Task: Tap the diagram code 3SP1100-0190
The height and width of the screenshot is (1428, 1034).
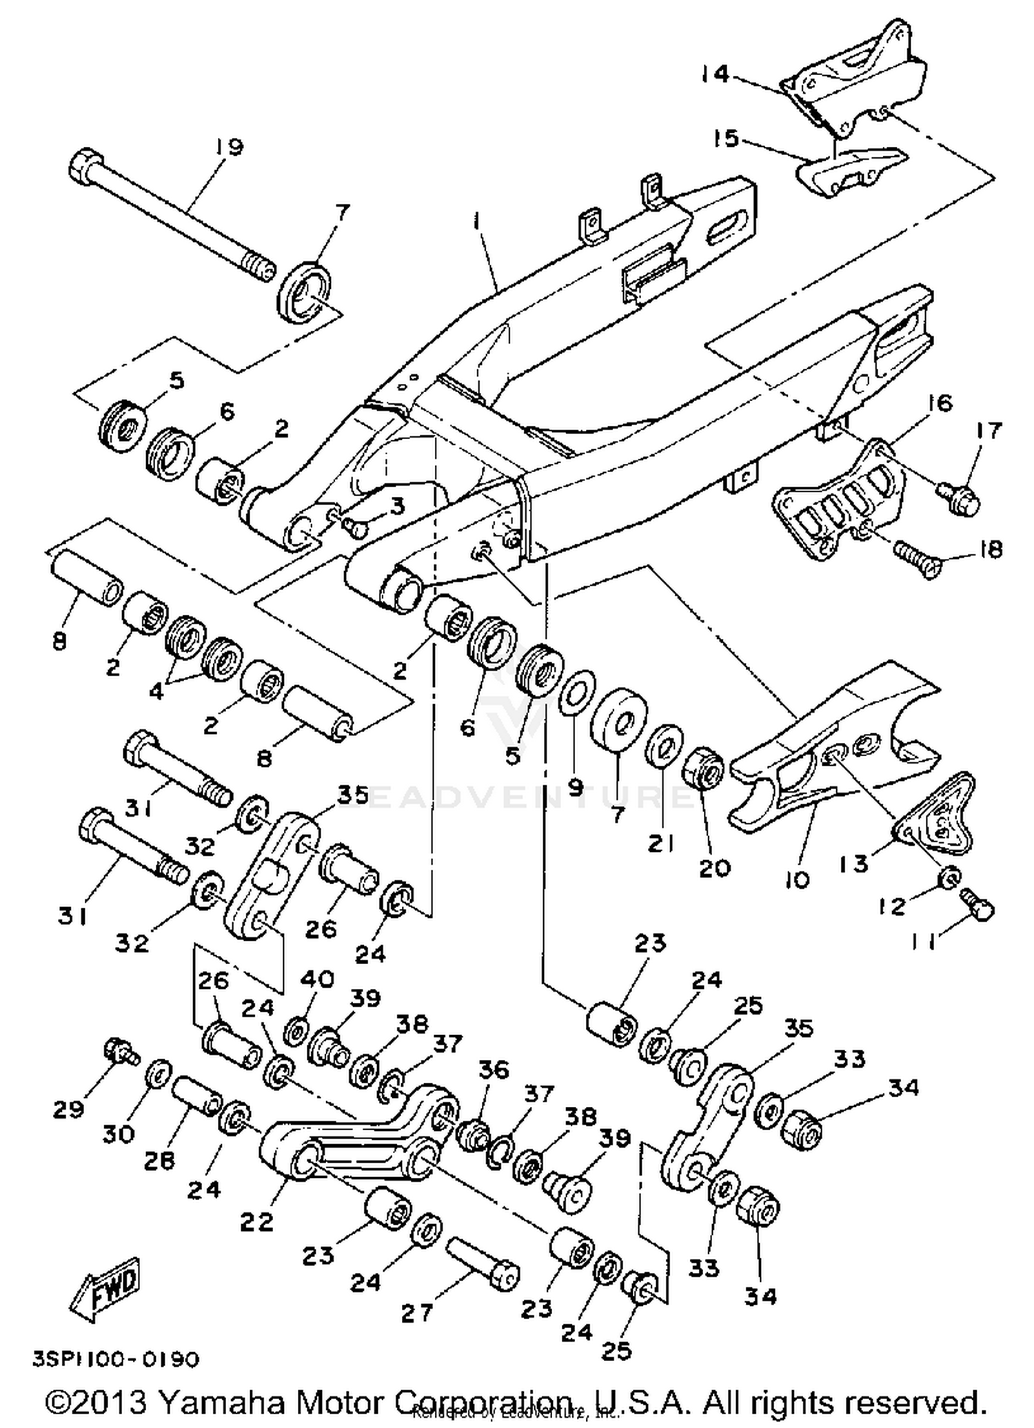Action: [x=116, y=1358]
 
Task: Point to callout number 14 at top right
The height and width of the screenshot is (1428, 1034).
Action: [x=716, y=74]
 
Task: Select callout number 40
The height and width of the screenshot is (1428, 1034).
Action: [x=316, y=979]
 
